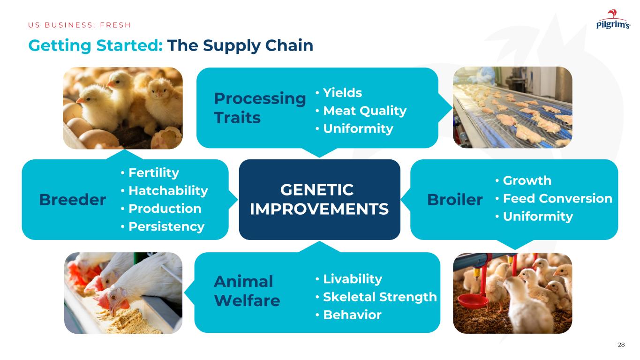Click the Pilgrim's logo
point(613,19)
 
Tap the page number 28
point(621,345)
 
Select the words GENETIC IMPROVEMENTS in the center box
point(319,199)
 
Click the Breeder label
point(73,199)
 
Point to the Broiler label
point(455,199)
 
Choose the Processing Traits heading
point(260,108)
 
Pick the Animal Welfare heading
point(247,291)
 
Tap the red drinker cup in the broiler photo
point(473,301)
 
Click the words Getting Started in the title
point(96,46)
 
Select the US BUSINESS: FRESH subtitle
point(79,25)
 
